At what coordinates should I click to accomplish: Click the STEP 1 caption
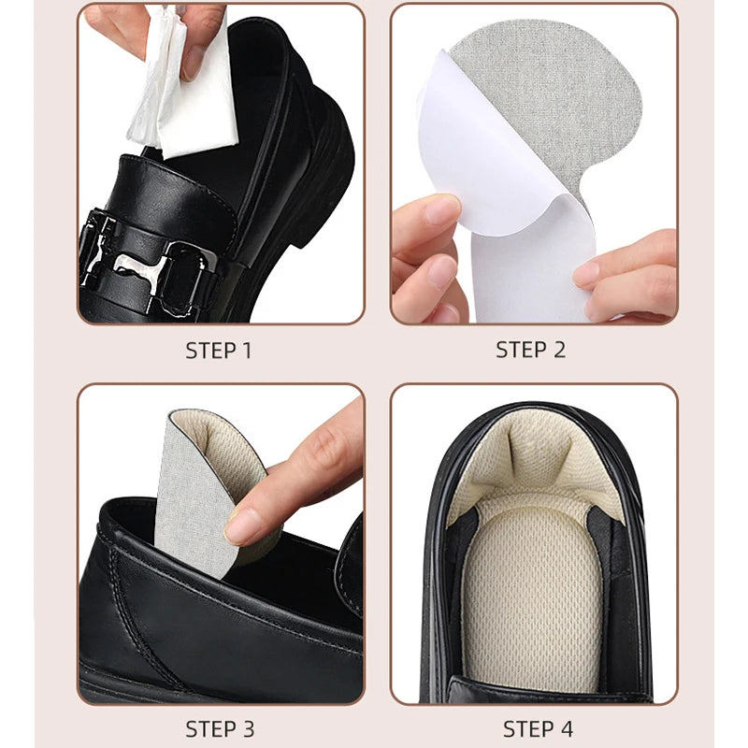219,352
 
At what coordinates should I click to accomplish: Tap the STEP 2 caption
531,351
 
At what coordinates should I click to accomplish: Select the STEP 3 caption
219,728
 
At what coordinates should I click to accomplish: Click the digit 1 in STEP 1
247,352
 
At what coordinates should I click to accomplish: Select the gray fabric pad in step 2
524,103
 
